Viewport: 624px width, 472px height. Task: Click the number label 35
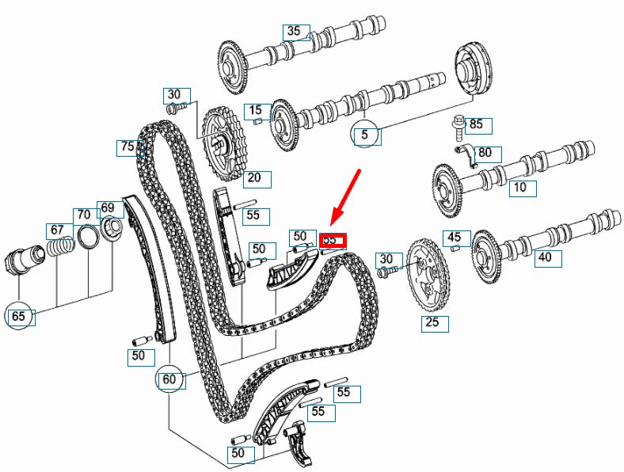click(x=295, y=32)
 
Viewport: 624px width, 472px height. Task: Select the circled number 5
click(x=364, y=135)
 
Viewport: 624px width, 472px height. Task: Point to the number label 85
click(x=476, y=124)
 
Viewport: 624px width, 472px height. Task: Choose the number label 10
click(x=519, y=188)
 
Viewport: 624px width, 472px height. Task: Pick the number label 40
click(x=545, y=257)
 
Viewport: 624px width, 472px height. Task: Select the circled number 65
click(x=19, y=317)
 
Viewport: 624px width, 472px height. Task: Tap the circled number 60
click(x=168, y=379)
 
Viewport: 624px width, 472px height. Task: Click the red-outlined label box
click(x=333, y=238)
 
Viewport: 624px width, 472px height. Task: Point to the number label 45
click(x=453, y=236)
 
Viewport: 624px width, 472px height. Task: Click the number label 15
click(x=254, y=110)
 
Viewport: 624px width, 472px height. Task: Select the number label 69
click(x=108, y=208)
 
